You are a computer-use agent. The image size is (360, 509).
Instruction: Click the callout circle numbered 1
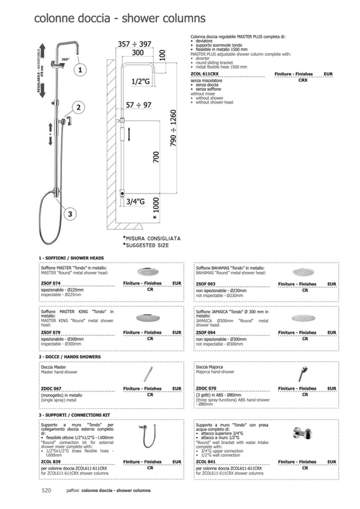pos(79,70)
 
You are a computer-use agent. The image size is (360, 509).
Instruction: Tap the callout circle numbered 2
pos(78,108)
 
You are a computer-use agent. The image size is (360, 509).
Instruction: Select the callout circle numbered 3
pos(70,214)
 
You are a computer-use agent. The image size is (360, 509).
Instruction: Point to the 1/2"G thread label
pos(140,81)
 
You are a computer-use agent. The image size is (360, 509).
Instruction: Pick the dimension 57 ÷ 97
pos(139,105)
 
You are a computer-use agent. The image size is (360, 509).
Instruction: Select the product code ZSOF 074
pos(52,284)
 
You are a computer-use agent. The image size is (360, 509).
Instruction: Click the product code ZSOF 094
pos(206,333)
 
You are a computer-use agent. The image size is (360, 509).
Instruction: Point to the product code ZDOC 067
pos(52,389)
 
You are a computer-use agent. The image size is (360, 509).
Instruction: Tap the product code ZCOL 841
pos(206,462)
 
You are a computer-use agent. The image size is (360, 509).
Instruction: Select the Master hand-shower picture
pos(148,375)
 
